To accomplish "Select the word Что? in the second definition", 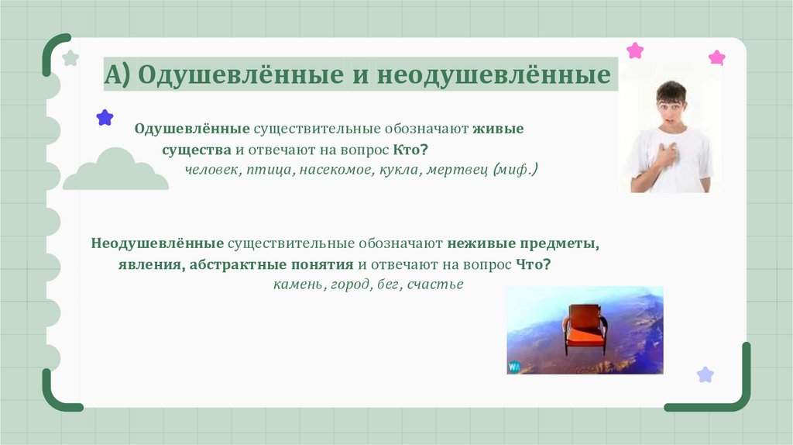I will (534, 264).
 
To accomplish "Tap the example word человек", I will (210, 169).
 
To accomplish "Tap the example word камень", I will (298, 285).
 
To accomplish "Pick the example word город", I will (349, 285).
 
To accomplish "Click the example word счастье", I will (436, 285).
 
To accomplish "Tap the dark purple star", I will (105, 118).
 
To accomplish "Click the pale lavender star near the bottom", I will (705, 375).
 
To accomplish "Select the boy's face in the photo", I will (671, 109).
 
